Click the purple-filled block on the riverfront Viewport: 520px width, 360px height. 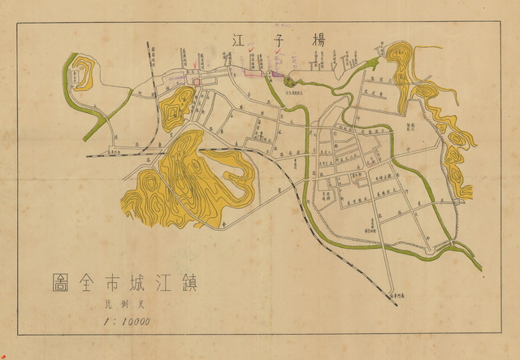coord(276,75)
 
